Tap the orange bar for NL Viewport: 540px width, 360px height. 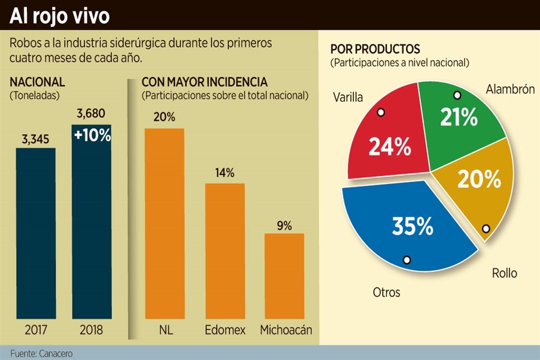pos(164,225)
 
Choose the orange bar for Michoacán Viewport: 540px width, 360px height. pos(284,276)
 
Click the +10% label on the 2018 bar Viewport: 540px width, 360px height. pos(92,136)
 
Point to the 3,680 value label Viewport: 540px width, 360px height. pos(91,114)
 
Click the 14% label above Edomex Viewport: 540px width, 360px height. pos(224,173)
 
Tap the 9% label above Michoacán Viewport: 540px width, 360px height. pos(284,226)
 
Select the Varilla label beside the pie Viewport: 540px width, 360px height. pos(348,97)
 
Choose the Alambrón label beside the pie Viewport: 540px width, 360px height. pos(510,89)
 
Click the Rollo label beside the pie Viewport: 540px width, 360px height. pos(504,273)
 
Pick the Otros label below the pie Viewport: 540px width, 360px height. pos(386,292)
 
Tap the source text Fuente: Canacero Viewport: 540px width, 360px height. pos(41,353)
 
